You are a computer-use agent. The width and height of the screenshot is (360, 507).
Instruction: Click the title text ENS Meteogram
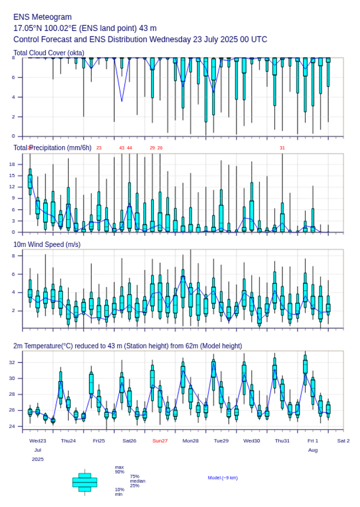pyautogui.click(x=43, y=17)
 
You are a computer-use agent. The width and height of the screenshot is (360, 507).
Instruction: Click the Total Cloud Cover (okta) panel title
pyautogui.click(x=49, y=53)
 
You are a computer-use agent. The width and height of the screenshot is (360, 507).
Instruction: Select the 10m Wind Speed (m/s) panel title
pyautogui.click(x=47, y=244)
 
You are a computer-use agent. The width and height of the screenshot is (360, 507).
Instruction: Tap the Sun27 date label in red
pyautogui.click(x=160, y=441)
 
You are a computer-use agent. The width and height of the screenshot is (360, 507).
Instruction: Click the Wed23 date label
pyautogui.click(x=38, y=441)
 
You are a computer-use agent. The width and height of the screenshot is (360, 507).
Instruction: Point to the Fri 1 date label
pyautogui.click(x=313, y=441)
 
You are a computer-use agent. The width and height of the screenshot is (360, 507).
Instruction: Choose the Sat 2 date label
pyautogui.click(x=343, y=441)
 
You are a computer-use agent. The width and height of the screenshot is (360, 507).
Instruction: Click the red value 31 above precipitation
pyautogui.click(x=282, y=148)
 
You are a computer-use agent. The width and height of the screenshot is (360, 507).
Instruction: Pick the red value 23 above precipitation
pyautogui.click(x=99, y=148)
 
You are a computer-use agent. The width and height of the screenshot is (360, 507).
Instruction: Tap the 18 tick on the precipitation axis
pyautogui.click(x=12, y=164)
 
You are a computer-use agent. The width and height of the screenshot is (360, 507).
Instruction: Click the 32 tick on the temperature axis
pyautogui.click(x=12, y=362)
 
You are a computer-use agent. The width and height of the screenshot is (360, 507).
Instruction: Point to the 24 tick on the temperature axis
pyautogui.click(x=12, y=426)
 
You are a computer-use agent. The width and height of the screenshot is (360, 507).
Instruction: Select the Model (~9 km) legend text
pyautogui.click(x=223, y=478)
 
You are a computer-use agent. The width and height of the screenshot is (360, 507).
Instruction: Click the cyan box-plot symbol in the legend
pyautogui.click(x=85, y=482)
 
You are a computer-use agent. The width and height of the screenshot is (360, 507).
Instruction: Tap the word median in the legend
pyautogui.click(x=137, y=481)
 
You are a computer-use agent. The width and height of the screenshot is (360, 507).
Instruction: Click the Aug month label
pyautogui.click(x=313, y=450)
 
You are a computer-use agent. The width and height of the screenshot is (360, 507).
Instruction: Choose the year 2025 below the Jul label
pyautogui.click(x=38, y=459)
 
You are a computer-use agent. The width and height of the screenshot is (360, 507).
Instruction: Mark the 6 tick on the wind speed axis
pyautogui.click(x=13, y=274)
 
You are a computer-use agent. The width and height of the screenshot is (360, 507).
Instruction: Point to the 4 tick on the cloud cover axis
pyautogui.click(x=13, y=97)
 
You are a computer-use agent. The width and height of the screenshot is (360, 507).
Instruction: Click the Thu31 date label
pyautogui.click(x=282, y=441)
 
